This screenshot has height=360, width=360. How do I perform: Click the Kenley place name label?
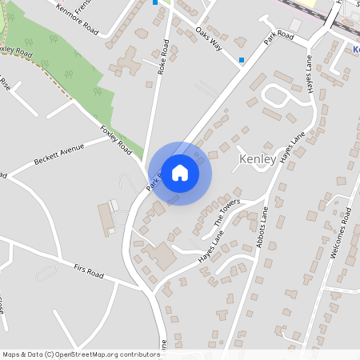(x=258, y=160)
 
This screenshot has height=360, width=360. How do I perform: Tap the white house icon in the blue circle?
(x=180, y=172)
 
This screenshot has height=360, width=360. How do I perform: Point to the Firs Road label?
(x=88, y=274)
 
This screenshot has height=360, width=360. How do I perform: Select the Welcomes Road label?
(x=341, y=233)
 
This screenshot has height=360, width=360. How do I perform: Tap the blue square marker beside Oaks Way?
(x=242, y=59)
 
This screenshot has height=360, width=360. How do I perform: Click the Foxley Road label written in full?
(x=116, y=138)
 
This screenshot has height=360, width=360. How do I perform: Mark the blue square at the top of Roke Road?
(x=155, y=2)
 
